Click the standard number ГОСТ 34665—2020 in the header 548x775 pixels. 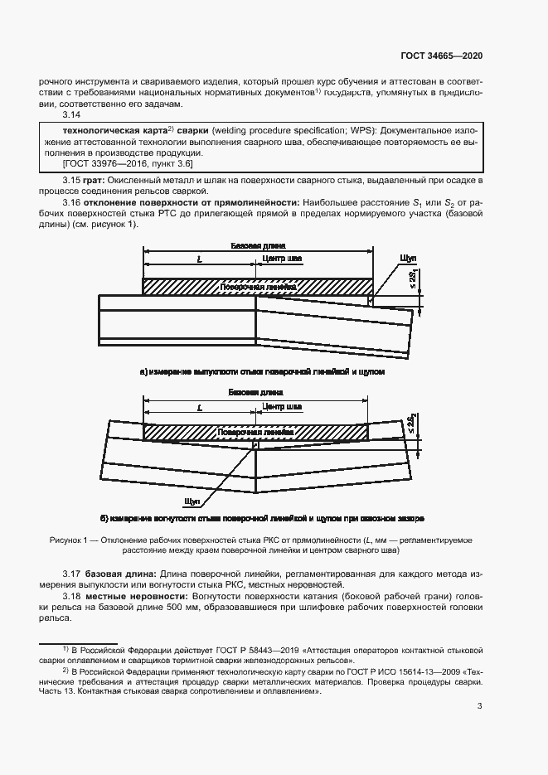[x=440, y=56]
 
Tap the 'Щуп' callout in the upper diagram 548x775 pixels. [x=407, y=259]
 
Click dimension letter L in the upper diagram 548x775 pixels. [x=200, y=260]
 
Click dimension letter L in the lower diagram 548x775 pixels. [x=200, y=408]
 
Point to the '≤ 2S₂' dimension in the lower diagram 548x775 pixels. [x=412, y=424]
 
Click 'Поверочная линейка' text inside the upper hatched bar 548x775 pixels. [x=256, y=287]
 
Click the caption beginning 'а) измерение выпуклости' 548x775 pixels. [x=262, y=372]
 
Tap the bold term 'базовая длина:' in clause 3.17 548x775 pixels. [x=114, y=574]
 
